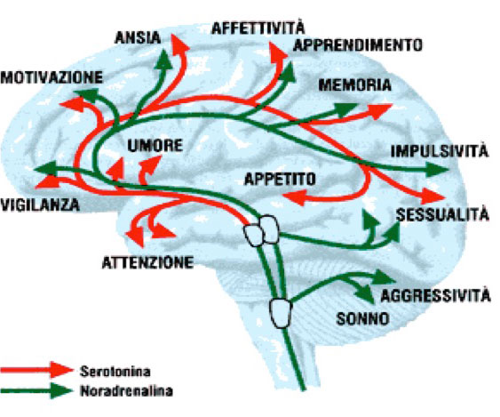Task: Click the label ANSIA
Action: (x=138, y=38)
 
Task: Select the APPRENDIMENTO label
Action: (x=358, y=45)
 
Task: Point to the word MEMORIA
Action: (x=355, y=85)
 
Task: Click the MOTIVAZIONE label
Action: (x=52, y=77)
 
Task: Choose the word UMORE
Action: (x=155, y=146)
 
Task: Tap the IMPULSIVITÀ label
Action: (x=440, y=150)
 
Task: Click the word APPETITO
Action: (x=280, y=179)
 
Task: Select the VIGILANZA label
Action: (x=40, y=204)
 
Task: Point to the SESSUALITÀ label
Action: (x=442, y=213)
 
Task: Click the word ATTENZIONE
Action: (x=147, y=262)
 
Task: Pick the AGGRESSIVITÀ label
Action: (x=435, y=295)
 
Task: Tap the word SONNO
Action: (x=363, y=318)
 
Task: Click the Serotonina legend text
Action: (x=115, y=372)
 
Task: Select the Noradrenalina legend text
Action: (x=126, y=391)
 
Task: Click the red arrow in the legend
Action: (x=37, y=370)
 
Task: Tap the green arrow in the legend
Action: (x=37, y=390)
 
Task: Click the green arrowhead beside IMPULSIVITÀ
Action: (x=437, y=169)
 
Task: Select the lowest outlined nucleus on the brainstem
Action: (x=281, y=313)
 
